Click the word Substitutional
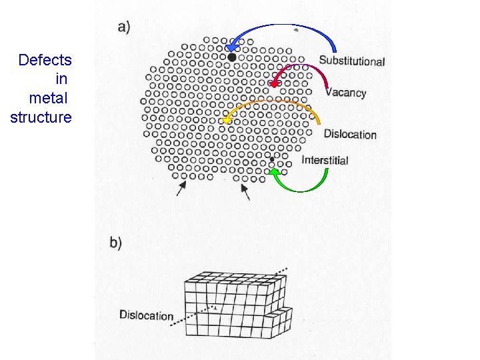(x=351, y=61)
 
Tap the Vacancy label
(x=346, y=93)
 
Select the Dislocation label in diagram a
(x=350, y=134)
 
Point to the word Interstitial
(x=325, y=160)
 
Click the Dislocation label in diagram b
(x=146, y=315)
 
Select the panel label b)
(x=116, y=243)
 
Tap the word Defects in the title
(x=45, y=60)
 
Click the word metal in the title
(x=48, y=98)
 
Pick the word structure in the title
(x=41, y=117)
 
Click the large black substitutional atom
(x=231, y=57)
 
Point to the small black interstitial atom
(x=272, y=159)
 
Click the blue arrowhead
(x=231, y=47)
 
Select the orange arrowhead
(x=227, y=120)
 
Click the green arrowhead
(x=273, y=173)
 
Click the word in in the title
(x=61, y=79)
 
